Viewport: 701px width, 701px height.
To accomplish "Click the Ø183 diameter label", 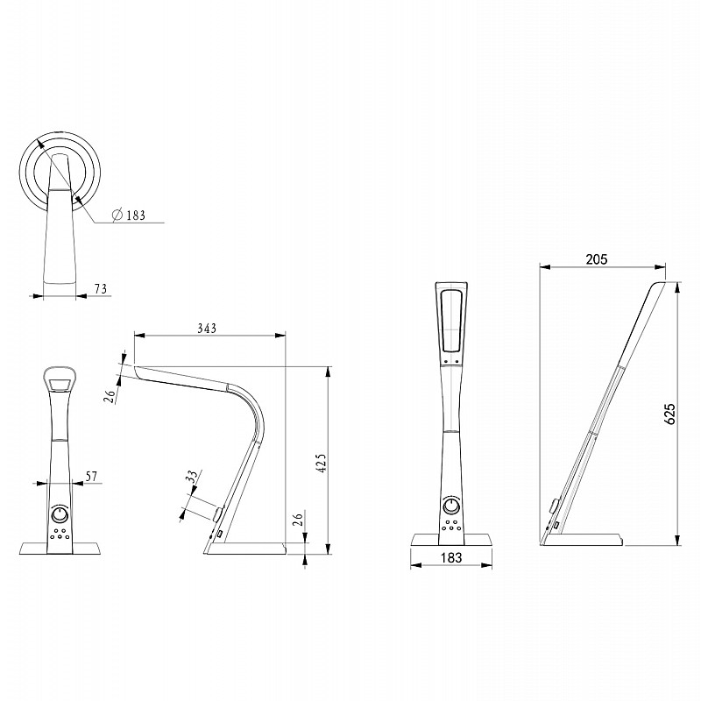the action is (129, 215).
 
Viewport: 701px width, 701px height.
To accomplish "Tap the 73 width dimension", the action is (101, 289).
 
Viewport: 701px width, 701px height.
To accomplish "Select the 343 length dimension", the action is (207, 328).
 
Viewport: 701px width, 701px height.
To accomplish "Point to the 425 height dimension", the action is (322, 463).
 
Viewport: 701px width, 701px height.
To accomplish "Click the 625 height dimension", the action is (669, 414).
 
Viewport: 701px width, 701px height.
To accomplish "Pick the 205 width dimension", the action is (597, 258).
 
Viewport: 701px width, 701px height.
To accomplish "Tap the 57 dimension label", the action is (91, 476).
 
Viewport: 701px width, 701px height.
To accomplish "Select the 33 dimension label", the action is (192, 476).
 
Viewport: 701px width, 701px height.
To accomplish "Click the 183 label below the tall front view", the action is (451, 557).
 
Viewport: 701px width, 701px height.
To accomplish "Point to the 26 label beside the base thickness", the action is (298, 519).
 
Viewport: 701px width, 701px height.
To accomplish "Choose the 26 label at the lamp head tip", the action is (110, 396).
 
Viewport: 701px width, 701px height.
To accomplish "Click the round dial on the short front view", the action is (60, 514).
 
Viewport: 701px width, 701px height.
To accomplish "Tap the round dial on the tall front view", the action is (451, 506).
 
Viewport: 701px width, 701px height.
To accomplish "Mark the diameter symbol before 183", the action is (117, 215).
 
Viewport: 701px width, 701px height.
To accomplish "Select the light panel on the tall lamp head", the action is (451, 321).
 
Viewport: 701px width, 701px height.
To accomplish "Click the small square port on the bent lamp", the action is (220, 534).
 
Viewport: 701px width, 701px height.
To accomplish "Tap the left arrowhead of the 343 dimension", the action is (139, 335).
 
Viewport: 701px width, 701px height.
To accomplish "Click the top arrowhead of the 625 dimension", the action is (678, 287).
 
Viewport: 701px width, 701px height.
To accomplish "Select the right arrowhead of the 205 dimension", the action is (661, 267).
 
